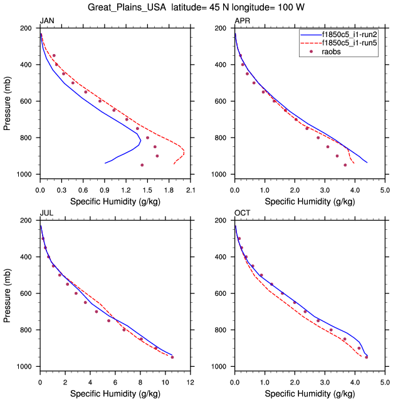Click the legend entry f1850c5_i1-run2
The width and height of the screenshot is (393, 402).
[x=350, y=35]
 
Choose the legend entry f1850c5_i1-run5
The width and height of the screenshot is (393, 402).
[x=350, y=43]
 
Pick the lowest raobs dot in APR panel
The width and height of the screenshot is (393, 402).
[x=345, y=165]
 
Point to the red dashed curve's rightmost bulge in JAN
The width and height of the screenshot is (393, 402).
[x=184, y=153]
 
